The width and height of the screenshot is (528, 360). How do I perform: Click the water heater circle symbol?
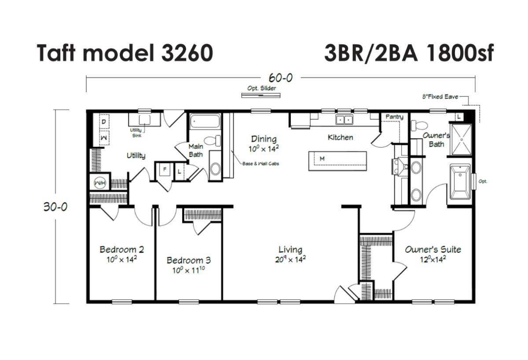pos(100,183)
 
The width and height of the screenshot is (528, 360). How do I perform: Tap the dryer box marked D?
pos(104,121)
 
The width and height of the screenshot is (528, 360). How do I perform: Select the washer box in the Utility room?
pos(104,138)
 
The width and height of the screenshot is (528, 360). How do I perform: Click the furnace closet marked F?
pos(165,169)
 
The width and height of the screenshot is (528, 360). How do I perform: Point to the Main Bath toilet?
pos(212,140)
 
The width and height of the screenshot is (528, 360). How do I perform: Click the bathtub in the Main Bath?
pos(205,121)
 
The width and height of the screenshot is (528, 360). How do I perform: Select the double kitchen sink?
pos(345,120)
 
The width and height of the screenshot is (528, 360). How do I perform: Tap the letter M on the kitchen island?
pos(322,159)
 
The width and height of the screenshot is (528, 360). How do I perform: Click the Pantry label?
pos(394,117)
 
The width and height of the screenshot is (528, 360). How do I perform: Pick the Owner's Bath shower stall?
pos(461,140)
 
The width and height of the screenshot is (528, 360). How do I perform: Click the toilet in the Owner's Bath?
pos(419,125)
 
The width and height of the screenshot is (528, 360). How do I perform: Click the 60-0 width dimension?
pos(281,78)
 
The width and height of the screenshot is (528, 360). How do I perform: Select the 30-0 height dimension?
pos(55,207)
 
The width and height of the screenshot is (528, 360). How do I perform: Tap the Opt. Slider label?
pos(261,88)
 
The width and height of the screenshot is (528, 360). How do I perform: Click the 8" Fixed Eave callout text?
pos(440,97)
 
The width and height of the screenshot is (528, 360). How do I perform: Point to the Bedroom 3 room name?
pos(189,260)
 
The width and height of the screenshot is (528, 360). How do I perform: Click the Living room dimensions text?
pos(290,260)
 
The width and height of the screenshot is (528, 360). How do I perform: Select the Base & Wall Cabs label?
pos(260,164)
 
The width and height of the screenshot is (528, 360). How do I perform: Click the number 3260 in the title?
pos(187,53)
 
